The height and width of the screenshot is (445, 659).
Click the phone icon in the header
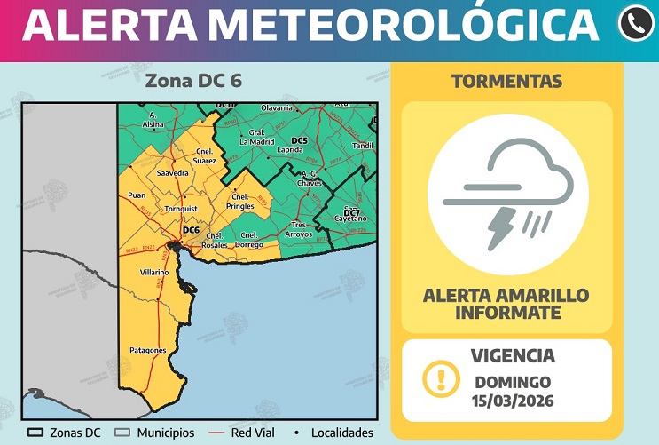(635, 24)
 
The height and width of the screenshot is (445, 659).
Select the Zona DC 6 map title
(192, 81)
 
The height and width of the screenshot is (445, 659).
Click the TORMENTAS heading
(506, 82)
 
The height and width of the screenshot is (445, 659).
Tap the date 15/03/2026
(514, 401)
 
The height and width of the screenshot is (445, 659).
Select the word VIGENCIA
(513, 356)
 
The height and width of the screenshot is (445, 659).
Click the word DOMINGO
(513, 382)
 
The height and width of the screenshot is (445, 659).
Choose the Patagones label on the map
(147, 350)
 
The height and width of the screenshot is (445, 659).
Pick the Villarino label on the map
(153, 272)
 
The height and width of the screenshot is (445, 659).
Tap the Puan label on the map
(137, 195)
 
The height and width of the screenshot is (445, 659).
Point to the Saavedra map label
(172, 172)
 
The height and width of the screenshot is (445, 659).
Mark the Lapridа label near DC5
(290, 150)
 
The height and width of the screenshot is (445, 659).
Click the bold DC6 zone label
(191, 230)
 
